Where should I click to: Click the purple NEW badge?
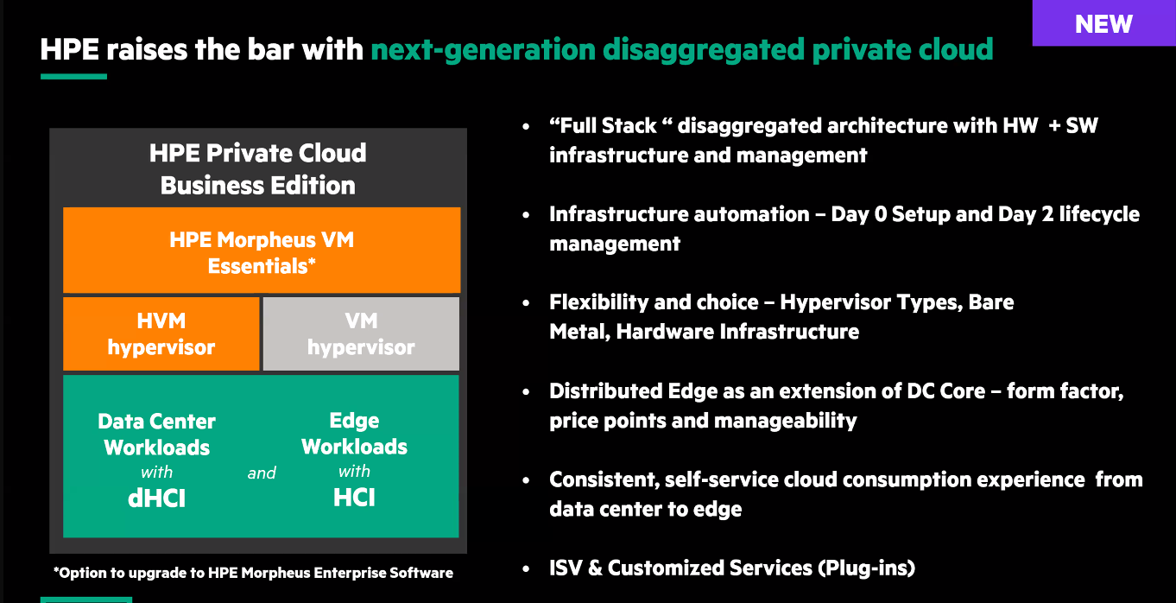tap(1104, 22)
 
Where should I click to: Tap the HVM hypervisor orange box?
tap(161, 334)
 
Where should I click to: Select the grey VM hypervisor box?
tap(361, 334)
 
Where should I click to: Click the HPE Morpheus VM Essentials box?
tap(262, 250)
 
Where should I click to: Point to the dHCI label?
tap(156, 498)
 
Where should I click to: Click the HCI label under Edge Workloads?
tap(354, 497)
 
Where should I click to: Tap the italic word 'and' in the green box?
tap(262, 473)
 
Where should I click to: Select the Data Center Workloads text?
tap(156, 435)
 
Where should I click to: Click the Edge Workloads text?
tap(354, 434)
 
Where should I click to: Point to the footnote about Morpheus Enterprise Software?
tap(253, 573)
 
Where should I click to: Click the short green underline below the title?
tap(73, 77)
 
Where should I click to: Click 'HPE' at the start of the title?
tap(70, 49)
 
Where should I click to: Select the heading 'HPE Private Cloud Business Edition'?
tap(258, 169)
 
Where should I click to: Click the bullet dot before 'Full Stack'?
tap(526, 126)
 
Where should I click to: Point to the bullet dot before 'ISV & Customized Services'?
tap(526, 568)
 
